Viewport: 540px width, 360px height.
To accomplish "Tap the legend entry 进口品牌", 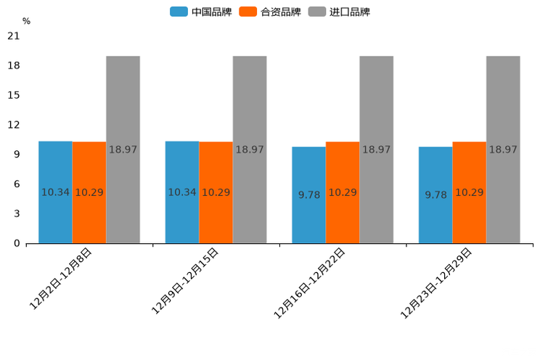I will click(x=339, y=12).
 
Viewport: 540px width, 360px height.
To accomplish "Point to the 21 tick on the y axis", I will click(x=13, y=36).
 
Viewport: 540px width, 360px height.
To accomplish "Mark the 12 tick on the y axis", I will click(x=13, y=125).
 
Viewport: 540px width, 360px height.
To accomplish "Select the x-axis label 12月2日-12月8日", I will click(x=61, y=279).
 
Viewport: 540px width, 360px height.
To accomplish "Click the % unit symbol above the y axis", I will click(x=26, y=21).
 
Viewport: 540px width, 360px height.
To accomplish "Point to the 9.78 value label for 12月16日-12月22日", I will click(x=309, y=195).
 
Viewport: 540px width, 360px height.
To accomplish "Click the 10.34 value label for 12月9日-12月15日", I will click(x=182, y=192).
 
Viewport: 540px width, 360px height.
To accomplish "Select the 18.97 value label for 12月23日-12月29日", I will click(x=503, y=150).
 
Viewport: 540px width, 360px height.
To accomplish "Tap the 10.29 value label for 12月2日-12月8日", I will click(x=89, y=192).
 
